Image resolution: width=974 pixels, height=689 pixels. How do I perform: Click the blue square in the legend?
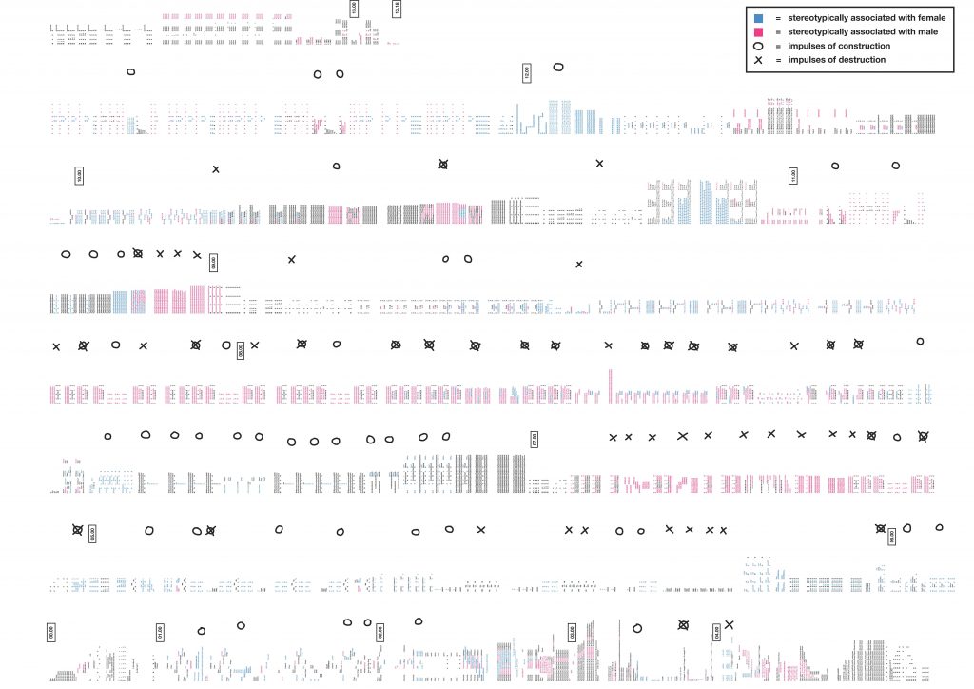(758, 18)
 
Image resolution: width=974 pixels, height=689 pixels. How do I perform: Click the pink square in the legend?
(758, 31)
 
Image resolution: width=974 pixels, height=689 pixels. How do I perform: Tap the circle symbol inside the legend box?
(759, 46)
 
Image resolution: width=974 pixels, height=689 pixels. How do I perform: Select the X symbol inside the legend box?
(759, 60)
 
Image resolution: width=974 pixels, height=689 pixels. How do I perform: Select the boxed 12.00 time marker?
(526, 72)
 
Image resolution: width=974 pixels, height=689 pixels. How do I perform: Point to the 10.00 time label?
(79, 175)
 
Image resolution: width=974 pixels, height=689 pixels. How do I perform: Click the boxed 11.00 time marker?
(793, 175)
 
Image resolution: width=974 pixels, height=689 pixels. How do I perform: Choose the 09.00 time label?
(214, 263)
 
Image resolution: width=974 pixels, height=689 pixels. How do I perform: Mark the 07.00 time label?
(535, 439)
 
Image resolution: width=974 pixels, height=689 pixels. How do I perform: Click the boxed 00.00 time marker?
(50, 630)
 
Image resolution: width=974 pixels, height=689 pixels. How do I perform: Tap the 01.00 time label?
(159, 632)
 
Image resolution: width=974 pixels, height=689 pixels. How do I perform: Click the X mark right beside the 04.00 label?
(730, 624)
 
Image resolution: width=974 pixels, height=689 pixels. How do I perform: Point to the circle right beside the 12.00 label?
(558, 67)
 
